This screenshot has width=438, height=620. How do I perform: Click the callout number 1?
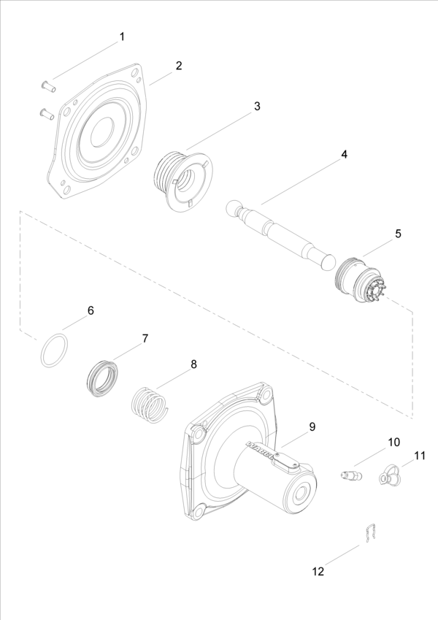click(x=122, y=37)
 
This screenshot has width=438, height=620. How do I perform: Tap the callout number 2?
click(x=178, y=65)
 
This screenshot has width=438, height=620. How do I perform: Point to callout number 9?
click(x=312, y=426)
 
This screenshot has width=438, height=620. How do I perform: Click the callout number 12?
click(x=318, y=572)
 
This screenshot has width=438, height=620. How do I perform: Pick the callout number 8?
click(x=193, y=363)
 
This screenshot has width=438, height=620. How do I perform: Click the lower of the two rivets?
click(x=47, y=113)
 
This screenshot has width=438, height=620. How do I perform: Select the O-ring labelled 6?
click(x=53, y=351)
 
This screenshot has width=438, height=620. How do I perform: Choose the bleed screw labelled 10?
click(x=351, y=476)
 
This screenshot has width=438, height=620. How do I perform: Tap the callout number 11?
click(x=419, y=456)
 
